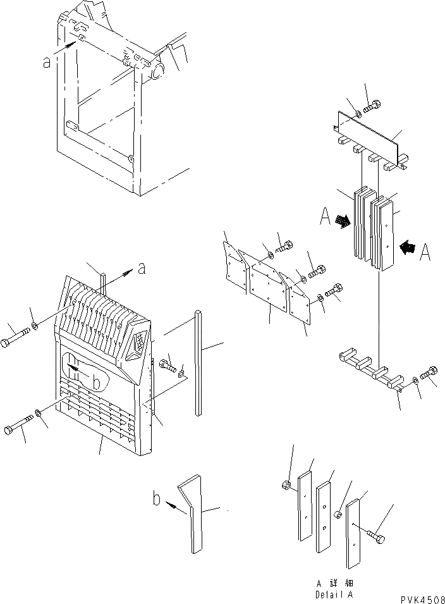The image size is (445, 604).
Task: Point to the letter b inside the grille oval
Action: (96, 383)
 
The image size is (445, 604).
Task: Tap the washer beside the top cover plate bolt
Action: (358, 114)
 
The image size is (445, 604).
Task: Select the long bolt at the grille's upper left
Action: (15, 336)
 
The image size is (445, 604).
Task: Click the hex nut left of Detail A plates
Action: (285, 485)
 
